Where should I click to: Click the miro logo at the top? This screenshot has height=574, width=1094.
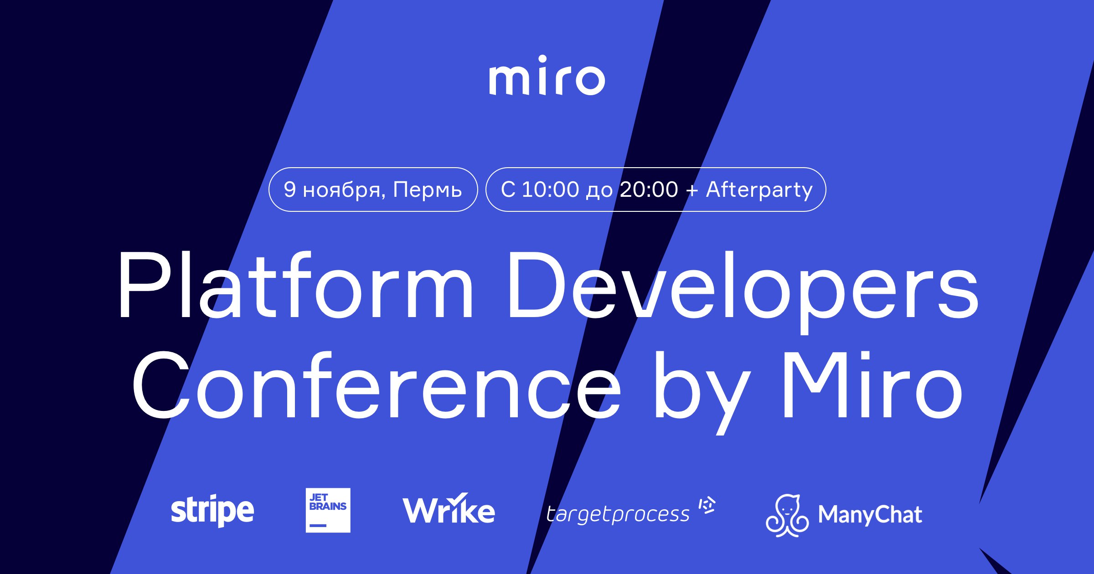[547, 76]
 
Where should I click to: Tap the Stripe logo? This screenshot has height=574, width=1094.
[212, 511]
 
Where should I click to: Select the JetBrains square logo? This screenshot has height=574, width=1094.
[328, 510]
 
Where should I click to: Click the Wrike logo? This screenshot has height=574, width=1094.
[449, 508]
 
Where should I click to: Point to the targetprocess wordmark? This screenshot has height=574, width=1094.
[618, 514]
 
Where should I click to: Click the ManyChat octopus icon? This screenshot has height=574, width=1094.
[787, 516]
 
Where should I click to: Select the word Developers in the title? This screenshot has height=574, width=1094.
[743, 292]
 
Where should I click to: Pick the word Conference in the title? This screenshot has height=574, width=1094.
[377, 385]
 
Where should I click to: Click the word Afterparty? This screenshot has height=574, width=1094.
[759, 190]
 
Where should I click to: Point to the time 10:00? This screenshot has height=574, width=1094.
[550, 190]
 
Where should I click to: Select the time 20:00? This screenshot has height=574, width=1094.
[649, 190]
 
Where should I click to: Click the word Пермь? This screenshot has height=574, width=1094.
[428, 190]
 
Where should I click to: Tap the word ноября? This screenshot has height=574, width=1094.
[344, 190]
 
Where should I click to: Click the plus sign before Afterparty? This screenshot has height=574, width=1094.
[691, 191]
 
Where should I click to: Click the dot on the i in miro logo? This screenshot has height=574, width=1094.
[542, 59]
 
